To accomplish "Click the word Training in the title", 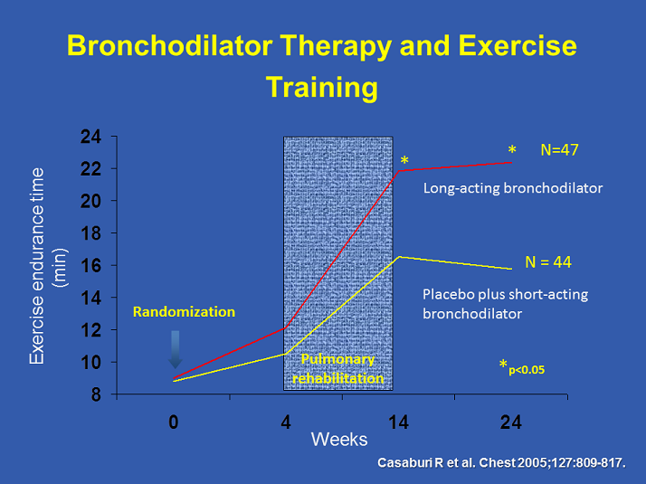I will pos(321,87).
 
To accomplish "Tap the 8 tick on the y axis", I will pos(96,394).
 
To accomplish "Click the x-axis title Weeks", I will pos(339,440).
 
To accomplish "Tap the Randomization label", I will pos(184,311).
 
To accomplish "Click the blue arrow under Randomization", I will pos(176,349).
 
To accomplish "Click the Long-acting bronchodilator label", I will pos(513,188).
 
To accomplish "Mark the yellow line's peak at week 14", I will pos(399,257).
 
